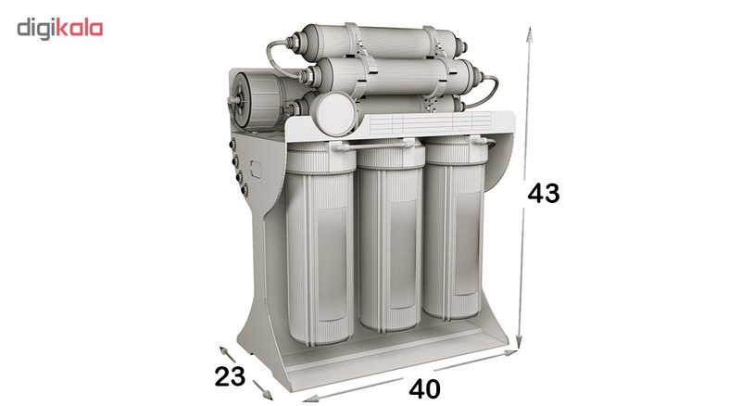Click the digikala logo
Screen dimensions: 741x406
[x=60, y=29]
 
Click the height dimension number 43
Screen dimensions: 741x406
[x=543, y=194]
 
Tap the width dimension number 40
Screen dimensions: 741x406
[x=424, y=389]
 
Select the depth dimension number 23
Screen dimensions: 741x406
[x=230, y=376]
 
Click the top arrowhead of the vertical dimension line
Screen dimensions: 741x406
[x=530, y=34]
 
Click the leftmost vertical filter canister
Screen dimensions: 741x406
[x=320, y=244]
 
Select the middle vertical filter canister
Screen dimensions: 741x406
[x=391, y=235]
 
